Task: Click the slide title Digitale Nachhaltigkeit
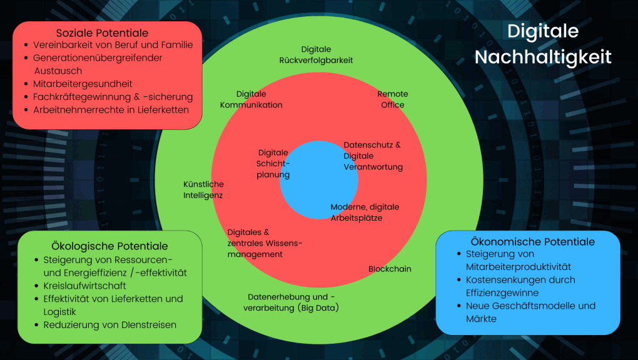(x=542, y=44)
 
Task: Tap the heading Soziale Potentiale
(x=103, y=32)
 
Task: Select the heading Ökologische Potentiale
(x=109, y=246)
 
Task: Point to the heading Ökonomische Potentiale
(x=532, y=241)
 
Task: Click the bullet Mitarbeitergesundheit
(x=83, y=84)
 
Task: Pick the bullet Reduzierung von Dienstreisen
(x=110, y=324)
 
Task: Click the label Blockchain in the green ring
(x=390, y=269)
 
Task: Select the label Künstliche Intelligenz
(x=203, y=189)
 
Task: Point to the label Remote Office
(x=393, y=99)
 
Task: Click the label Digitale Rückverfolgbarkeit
(x=316, y=54)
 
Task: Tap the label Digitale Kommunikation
(x=251, y=99)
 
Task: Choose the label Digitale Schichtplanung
(x=273, y=163)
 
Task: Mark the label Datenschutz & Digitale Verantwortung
(x=373, y=156)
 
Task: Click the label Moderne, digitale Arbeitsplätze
(x=365, y=212)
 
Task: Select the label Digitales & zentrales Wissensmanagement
(x=265, y=243)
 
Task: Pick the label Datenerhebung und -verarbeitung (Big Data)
(x=291, y=302)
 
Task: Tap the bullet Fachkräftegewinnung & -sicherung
(x=113, y=97)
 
